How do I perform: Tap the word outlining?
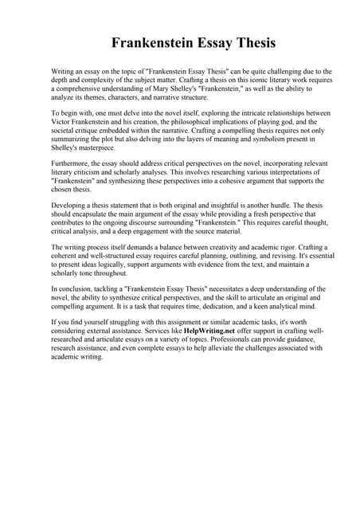point(251,257)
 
